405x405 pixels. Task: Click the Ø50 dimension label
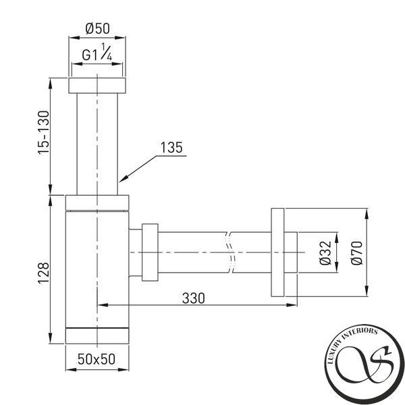97,28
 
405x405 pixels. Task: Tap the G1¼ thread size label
97,53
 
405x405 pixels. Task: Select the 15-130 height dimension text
43,133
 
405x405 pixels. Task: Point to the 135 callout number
171,148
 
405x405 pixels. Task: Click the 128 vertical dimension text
43,273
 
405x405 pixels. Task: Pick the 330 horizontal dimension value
194,298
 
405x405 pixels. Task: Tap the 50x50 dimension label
97,359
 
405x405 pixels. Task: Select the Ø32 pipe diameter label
325,252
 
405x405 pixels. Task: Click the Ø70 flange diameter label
357,252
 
